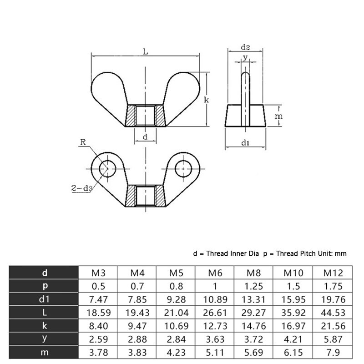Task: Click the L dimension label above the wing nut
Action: point(145,51)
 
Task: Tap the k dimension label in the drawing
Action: point(206,99)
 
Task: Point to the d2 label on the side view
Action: point(245,47)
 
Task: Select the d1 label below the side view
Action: point(245,143)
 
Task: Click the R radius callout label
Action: point(83,142)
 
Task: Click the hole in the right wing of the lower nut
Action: point(183,168)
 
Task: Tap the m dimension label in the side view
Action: point(279,116)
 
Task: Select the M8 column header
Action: point(253,273)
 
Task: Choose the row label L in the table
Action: point(44,313)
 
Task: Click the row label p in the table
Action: point(44,287)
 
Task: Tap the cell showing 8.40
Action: point(98,326)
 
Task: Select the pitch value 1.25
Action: point(253,287)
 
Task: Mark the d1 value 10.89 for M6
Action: point(215,300)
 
